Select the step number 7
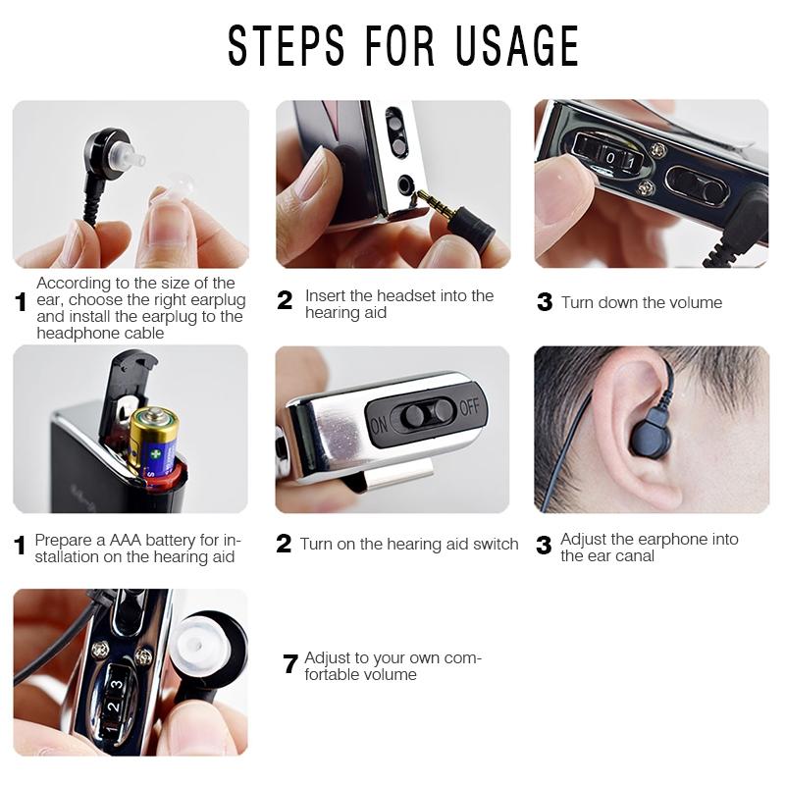point(289,665)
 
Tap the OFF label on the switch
point(470,406)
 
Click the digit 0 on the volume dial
point(610,157)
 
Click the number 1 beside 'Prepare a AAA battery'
point(21,547)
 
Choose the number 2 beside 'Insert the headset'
point(285,301)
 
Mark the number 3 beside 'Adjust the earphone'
point(544,547)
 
